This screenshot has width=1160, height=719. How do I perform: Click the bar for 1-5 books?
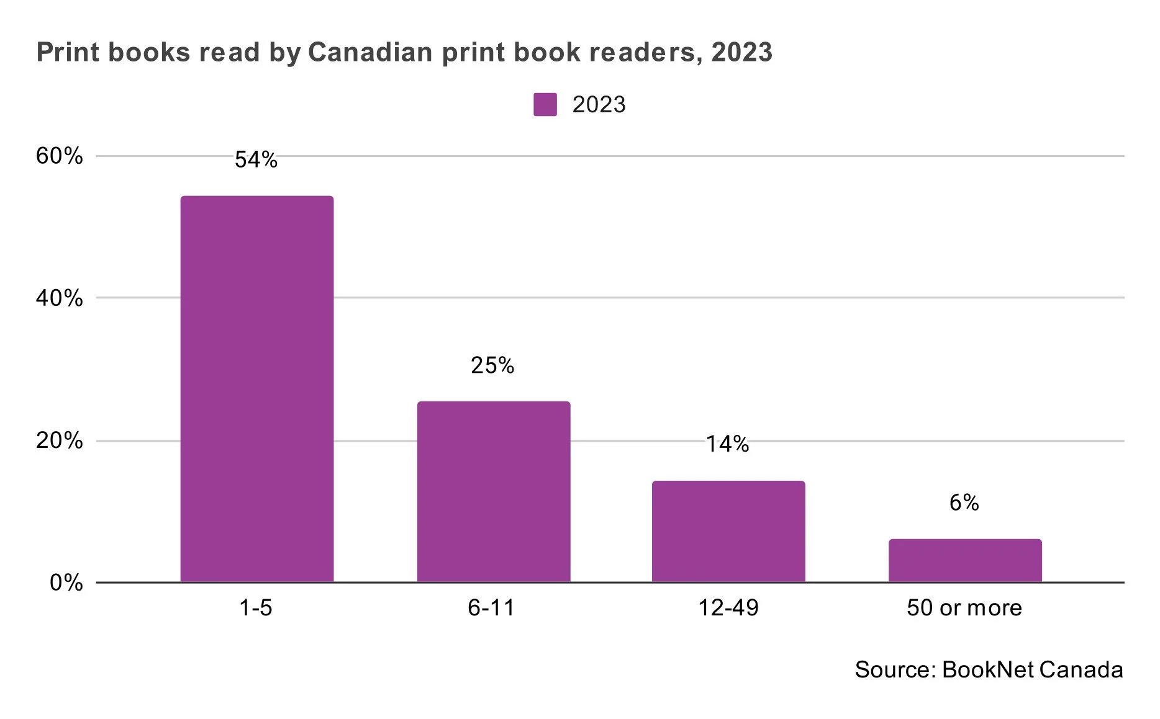pyautogui.click(x=256, y=389)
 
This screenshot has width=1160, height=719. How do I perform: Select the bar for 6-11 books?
pyautogui.click(x=493, y=491)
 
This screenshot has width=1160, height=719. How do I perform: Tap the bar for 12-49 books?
pyautogui.click(x=728, y=531)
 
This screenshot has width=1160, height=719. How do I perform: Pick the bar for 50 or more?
pyautogui.click(x=964, y=560)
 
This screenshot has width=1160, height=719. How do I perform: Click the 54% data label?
pyautogui.click(x=256, y=160)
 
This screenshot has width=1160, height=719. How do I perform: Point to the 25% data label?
pyautogui.click(x=492, y=365)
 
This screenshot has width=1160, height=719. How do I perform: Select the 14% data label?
pyautogui.click(x=727, y=444)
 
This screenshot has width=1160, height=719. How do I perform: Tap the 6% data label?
pyautogui.click(x=964, y=502)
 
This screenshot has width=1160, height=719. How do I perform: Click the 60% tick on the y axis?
pyautogui.click(x=59, y=156)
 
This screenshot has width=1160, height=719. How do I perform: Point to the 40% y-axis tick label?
pyautogui.click(x=59, y=298)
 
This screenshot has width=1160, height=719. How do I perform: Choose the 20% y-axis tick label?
pyautogui.click(x=59, y=441)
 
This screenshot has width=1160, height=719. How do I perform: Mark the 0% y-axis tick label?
pyautogui.click(x=66, y=583)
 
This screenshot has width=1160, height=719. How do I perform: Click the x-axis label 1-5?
pyautogui.click(x=256, y=608)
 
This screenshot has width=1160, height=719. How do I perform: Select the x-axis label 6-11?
pyautogui.click(x=491, y=608)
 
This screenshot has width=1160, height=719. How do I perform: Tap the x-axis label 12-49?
pyautogui.click(x=728, y=608)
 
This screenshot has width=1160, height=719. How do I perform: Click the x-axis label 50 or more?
pyautogui.click(x=964, y=608)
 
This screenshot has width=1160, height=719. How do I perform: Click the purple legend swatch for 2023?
pyautogui.click(x=545, y=105)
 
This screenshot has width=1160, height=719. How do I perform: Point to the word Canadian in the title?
pyautogui.click(x=370, y=52)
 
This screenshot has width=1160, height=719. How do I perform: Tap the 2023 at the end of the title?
pyautogui.click(x=741, y=52)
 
